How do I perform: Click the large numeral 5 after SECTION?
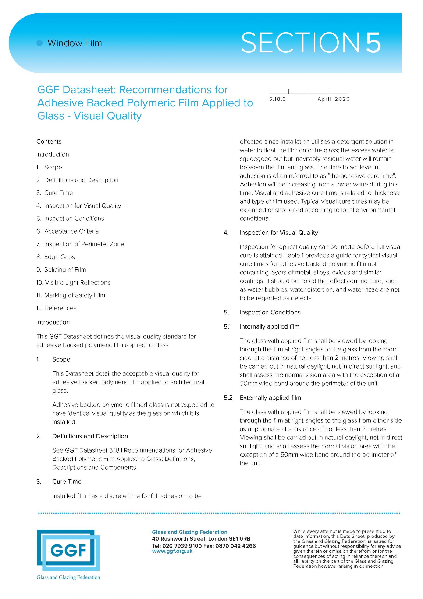tap(373, 43)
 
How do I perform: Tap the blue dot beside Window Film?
tap(40, 43)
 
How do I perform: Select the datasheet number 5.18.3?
tap(277, 99)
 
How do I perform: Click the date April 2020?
tap(333, 99)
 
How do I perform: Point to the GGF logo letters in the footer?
tap(68, 551)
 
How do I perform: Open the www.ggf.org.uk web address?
tap(172, 551)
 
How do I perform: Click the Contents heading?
tap(49, 142)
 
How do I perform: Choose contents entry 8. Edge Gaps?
tap(56, 257)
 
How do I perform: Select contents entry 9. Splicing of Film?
tap(61, 270)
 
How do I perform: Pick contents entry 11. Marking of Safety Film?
tap(71, 295)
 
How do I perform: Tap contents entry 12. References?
tap(56, 308)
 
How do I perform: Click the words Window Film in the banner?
tap(75, 43)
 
